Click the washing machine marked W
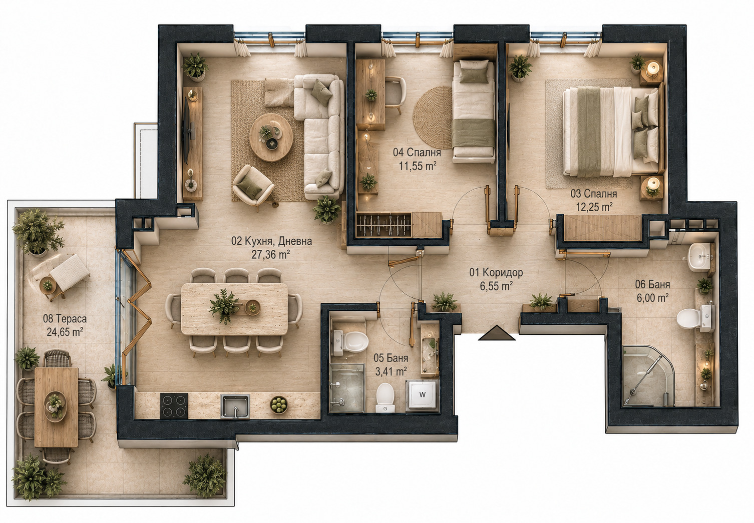click(x=422, y=395)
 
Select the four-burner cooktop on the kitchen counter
click(x=174, y=406)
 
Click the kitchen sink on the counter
click(x=235, y=406)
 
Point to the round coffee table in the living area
click(x=271, y=137)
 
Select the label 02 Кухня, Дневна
click(x=271, y=241)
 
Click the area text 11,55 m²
click(x=418, y=165)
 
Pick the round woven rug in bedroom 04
click(x=433, y=118)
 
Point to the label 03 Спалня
click(x=594, y=194)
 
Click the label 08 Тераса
click(x=65, y=318)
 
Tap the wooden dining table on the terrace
click(x=57, y=407)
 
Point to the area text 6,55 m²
click(x=496, y=286)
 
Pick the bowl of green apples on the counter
click(x=279, y=405)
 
